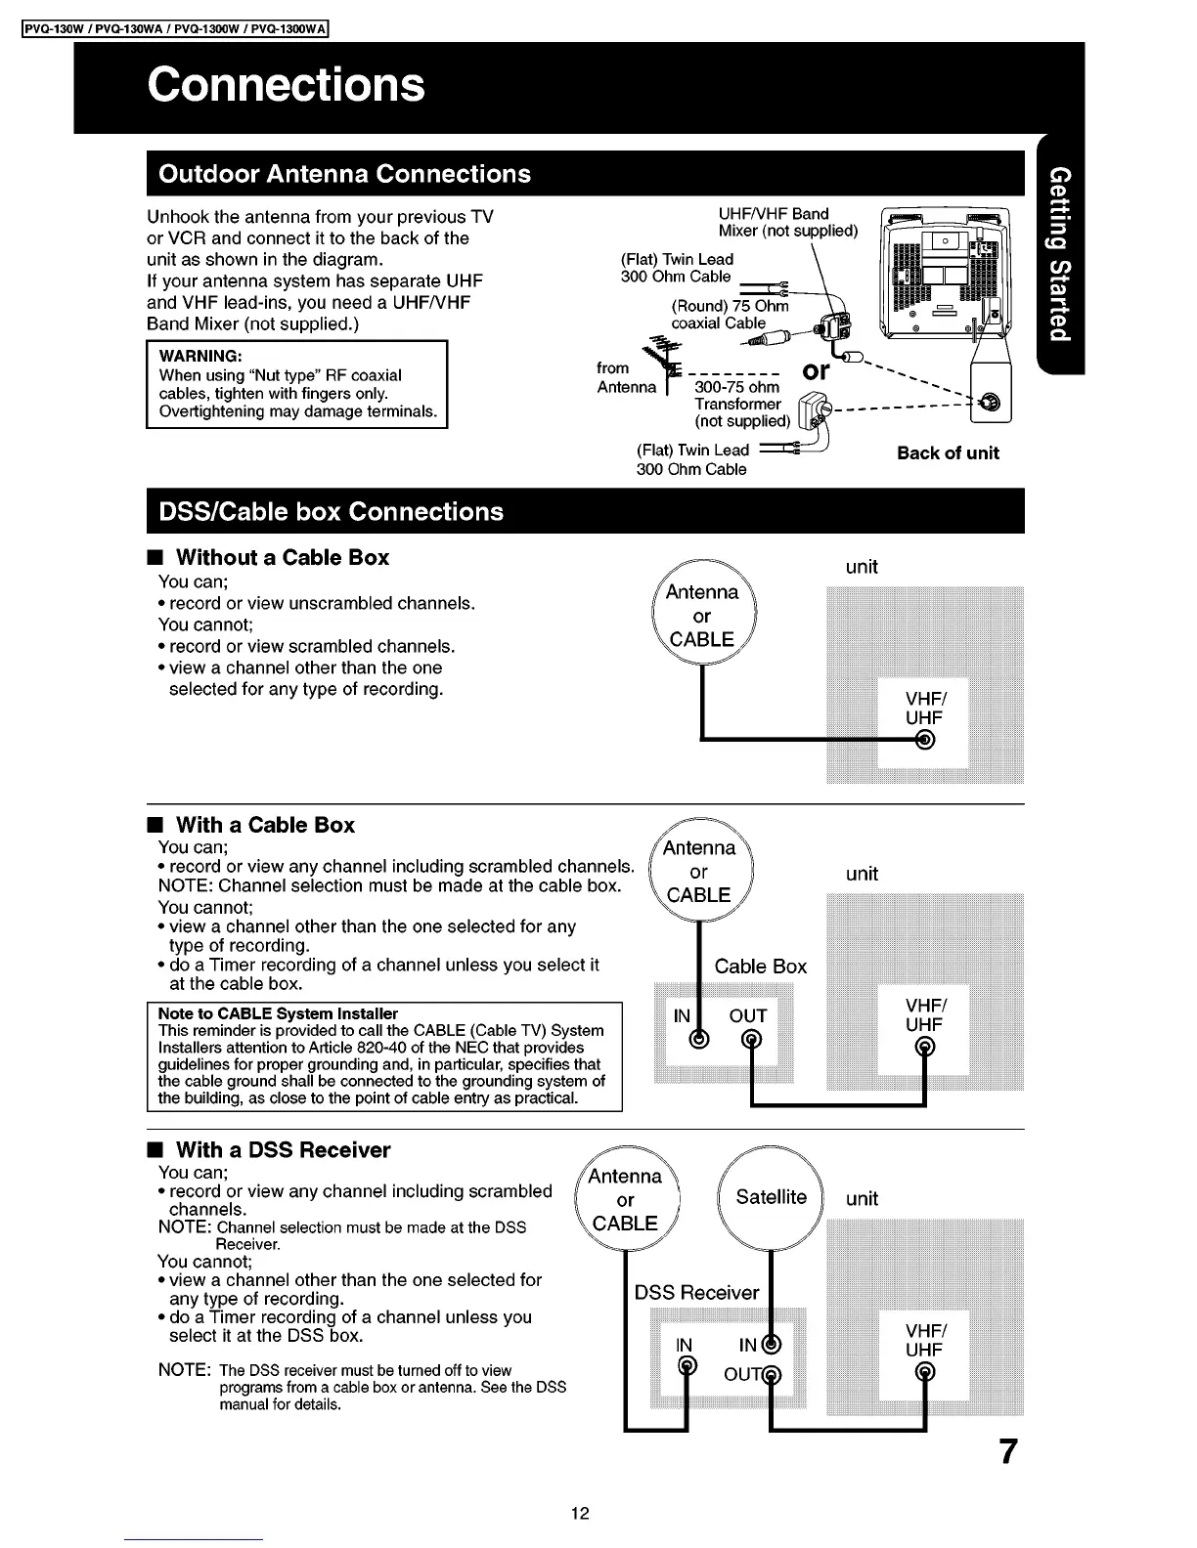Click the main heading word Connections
pyautogui.click(x=287, y=84)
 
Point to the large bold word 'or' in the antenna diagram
pyautogui.click(x=816, y=371)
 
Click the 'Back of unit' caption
pyautogui.click(x=948, y=453)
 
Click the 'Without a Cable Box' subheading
pyautogui.click(x=282, y=558)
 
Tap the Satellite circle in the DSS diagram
pyautogui.click(x=772, y=1197)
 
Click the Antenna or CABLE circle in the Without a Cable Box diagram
pyautogui.click(x=702, y=616)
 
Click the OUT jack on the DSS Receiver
pyautogui.click(x=772, y=1376)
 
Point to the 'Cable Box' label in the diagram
pyautogui.click(x=760, y=967)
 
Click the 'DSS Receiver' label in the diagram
pyautogui.click(x=696, y=1293)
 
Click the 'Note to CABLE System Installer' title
pyautogui.click(x=278, y=1013)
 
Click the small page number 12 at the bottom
pyautogui.click(x=580, y=1514)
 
